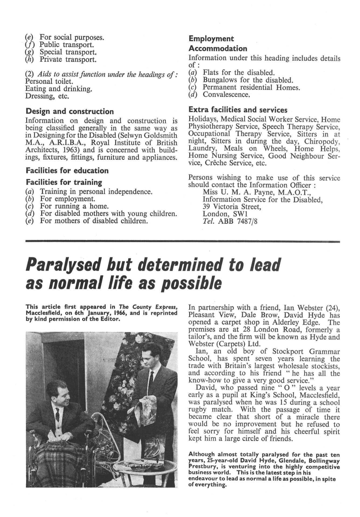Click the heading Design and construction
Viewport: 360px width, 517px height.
[x=69, y=111]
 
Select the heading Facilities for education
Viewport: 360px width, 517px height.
[x=67, y=170]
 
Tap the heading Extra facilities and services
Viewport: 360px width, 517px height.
[x=238, y=110]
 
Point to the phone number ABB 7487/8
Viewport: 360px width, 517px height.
[x=237, y=221]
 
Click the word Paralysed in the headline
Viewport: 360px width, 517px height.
[x=63, y=265]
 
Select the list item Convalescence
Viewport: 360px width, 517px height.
[x=226, y=95]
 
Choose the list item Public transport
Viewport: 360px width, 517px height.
[x=67, y=45]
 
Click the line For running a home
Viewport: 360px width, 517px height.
[x=74, y=206]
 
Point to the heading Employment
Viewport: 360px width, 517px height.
[x=211, y=39]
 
